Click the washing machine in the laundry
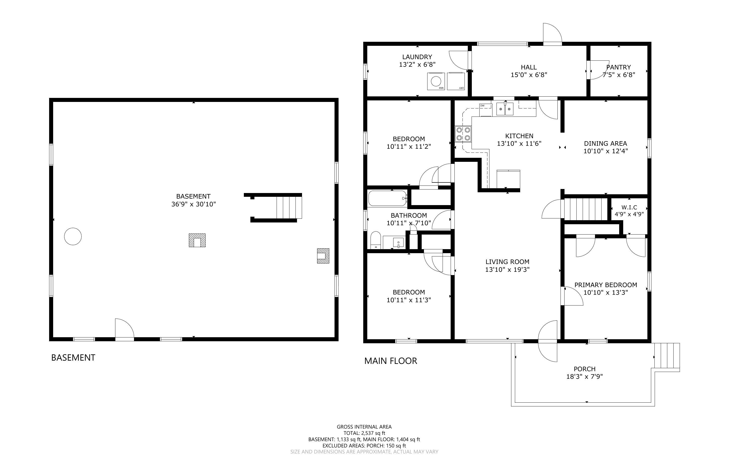(436, 81)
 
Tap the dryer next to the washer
(456, 81)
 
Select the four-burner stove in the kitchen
(463, 134)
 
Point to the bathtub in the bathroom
(387, 198)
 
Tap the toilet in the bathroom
(376, 240)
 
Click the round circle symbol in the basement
(73, 236)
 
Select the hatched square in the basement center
(197, 240)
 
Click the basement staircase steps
(289, 207)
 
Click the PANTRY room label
(618, 67)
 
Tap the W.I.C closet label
(629, 207)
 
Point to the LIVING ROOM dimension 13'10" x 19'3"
(507, 270)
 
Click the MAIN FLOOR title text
(390, 361)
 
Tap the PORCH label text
(584, 369)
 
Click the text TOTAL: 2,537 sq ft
(364, 433)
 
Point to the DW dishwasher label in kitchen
(482, 106)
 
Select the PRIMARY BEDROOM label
(606, 285)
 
